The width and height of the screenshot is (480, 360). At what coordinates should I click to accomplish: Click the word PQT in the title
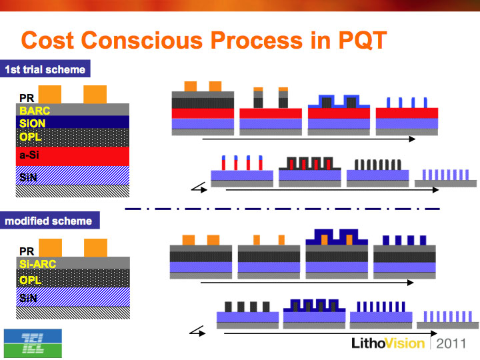pyautogui.click(x=363, y=41)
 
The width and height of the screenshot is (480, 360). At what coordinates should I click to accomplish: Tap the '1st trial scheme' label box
pyautogui.click(x=45, y=69)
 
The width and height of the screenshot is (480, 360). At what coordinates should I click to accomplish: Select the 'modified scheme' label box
pyautogui.click(x=49, y=221)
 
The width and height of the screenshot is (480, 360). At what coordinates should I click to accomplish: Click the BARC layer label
pyautogui.click(x=35, y=111)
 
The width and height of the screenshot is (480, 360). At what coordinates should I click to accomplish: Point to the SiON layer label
pyautogui.click(x=32, y=123)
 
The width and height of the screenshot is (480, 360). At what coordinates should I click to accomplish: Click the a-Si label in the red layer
pyautogui.click(x=29, y=155)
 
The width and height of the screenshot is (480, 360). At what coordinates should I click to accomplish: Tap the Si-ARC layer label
pyautogui.click(x=37, y=263)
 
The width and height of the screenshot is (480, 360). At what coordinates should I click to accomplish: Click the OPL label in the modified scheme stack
pyautogui.click(x=30, y=280)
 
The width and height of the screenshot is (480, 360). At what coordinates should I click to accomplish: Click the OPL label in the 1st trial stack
pyautogui.click(x=30, y=137)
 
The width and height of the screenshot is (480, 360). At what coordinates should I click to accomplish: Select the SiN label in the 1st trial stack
pyautogui.click(x=28, y=177)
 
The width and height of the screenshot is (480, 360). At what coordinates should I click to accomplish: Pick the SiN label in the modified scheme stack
pyautogui.click(x=28, y=297)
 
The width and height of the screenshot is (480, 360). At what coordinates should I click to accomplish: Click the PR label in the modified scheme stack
pyautogui.click(x=27, y=251)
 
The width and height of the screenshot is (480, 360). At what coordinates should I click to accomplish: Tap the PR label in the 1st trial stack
pyautogui.click(x=27, y=98)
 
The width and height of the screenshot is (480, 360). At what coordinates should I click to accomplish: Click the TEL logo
pyautogui.click(x=33, y=343)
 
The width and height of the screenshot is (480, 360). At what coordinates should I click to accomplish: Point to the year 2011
pyautogui.click(x=451, y=343)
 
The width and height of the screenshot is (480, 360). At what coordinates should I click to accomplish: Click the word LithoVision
pyautogui.click(x=388, y=343)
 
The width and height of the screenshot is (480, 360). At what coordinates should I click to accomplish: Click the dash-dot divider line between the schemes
pyautogui.click(x=282, y=209)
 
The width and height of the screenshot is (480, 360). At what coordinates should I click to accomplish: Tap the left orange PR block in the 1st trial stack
pyautogui.click(x=49, y=94)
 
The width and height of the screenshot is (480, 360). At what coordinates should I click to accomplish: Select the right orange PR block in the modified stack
pyautogui.click(x=95, y=247)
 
